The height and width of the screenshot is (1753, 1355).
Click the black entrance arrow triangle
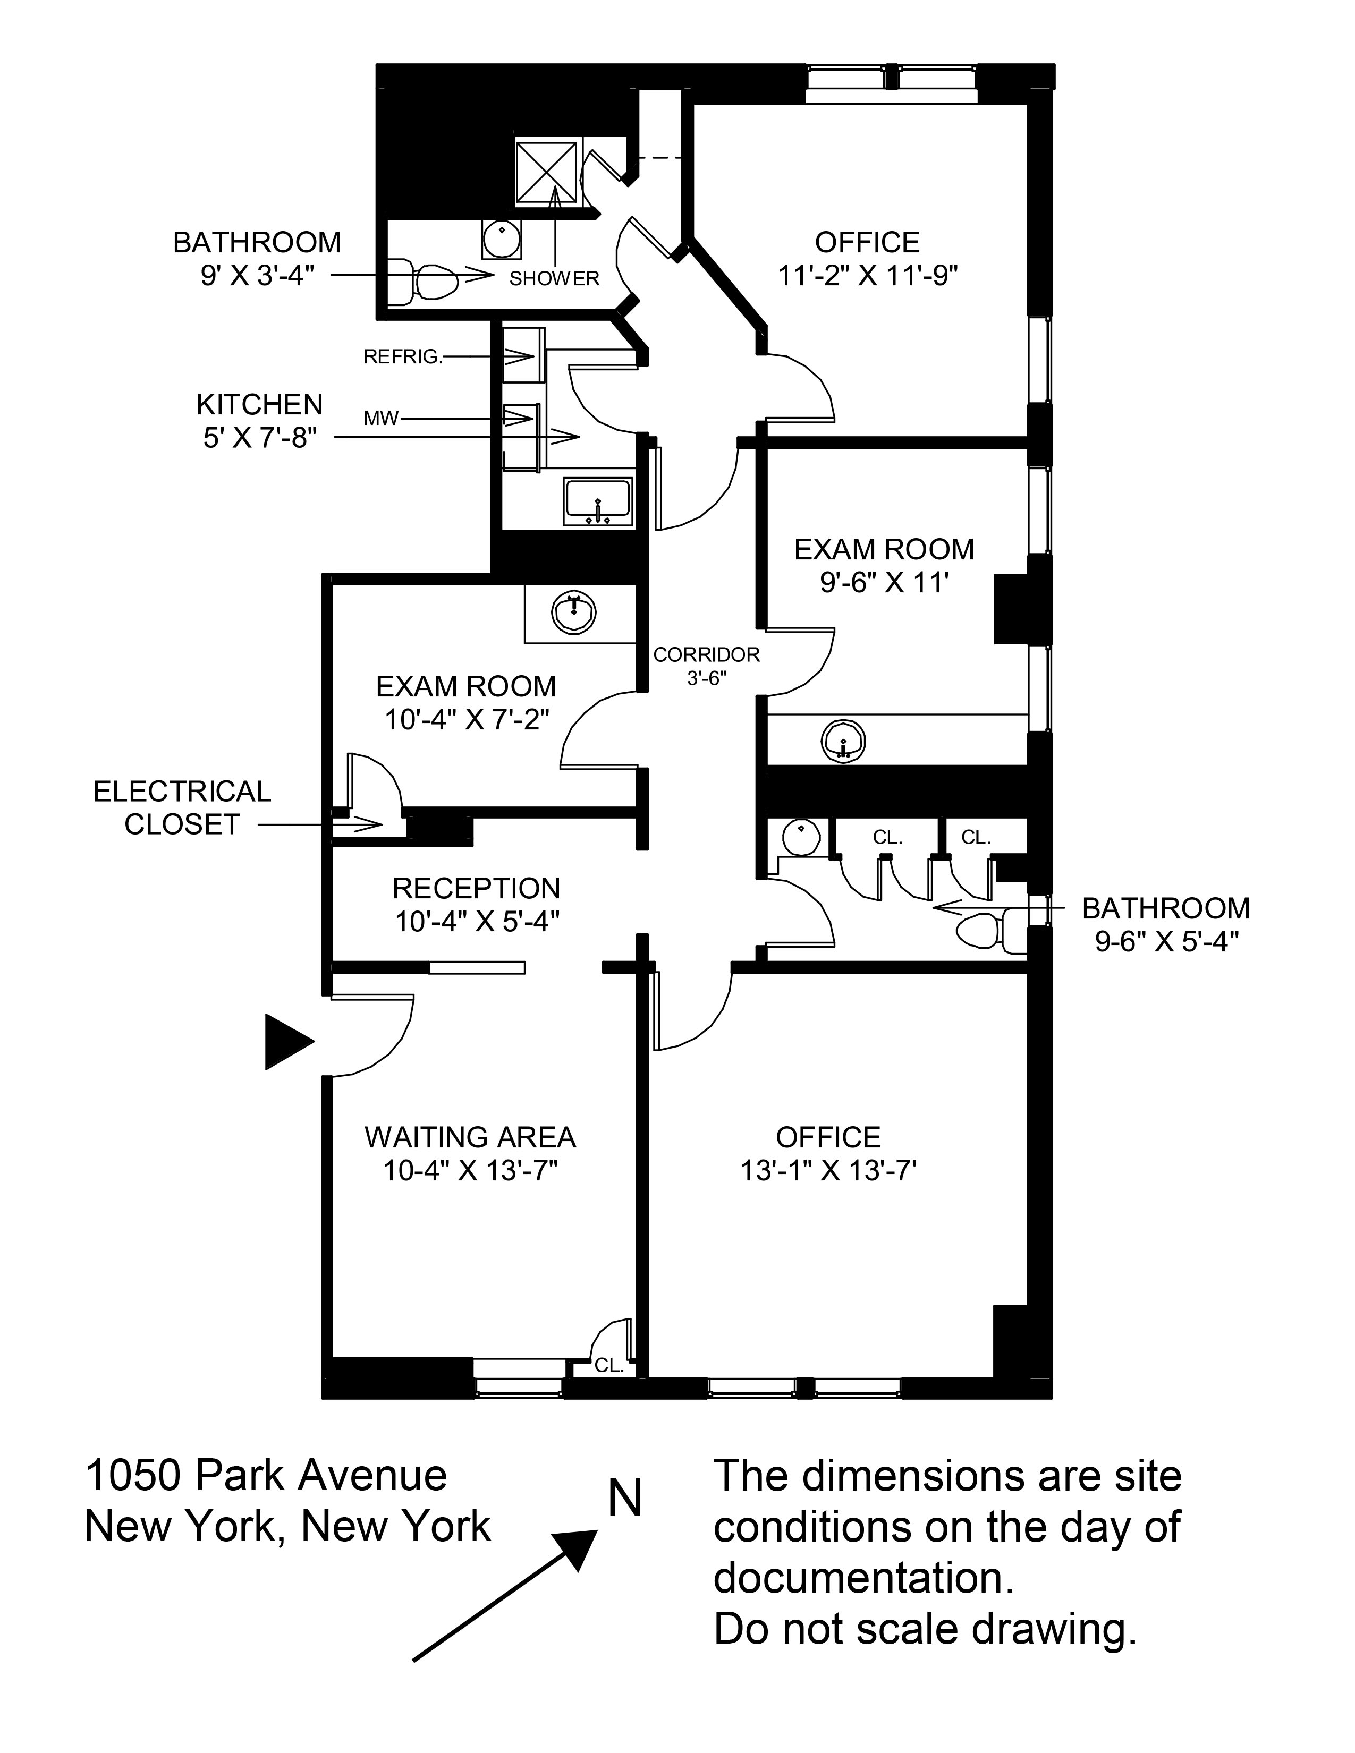click(x=287, y=1042)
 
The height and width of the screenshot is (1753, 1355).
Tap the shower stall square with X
click(x=546, y=173)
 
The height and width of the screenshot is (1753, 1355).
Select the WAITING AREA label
click(x=470, y=1137)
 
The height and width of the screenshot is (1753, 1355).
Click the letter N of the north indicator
click(x=625, y=1498)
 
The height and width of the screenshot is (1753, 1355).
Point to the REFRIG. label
click(x=403, y=357)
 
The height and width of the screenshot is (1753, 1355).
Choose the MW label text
click(x=382, y=418)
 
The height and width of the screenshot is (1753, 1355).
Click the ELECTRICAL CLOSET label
click(x=182, y=807)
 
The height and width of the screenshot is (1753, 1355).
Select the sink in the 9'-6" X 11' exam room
click(x=842, y=739)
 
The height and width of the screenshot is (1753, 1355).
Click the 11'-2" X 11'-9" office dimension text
click(x=868, y=276)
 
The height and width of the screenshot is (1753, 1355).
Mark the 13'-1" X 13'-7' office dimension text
click(x=827, y=1171)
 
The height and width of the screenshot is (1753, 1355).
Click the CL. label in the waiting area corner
click(x=609, y=1365)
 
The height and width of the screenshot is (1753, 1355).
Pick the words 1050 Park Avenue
click(x=266, y=1475)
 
